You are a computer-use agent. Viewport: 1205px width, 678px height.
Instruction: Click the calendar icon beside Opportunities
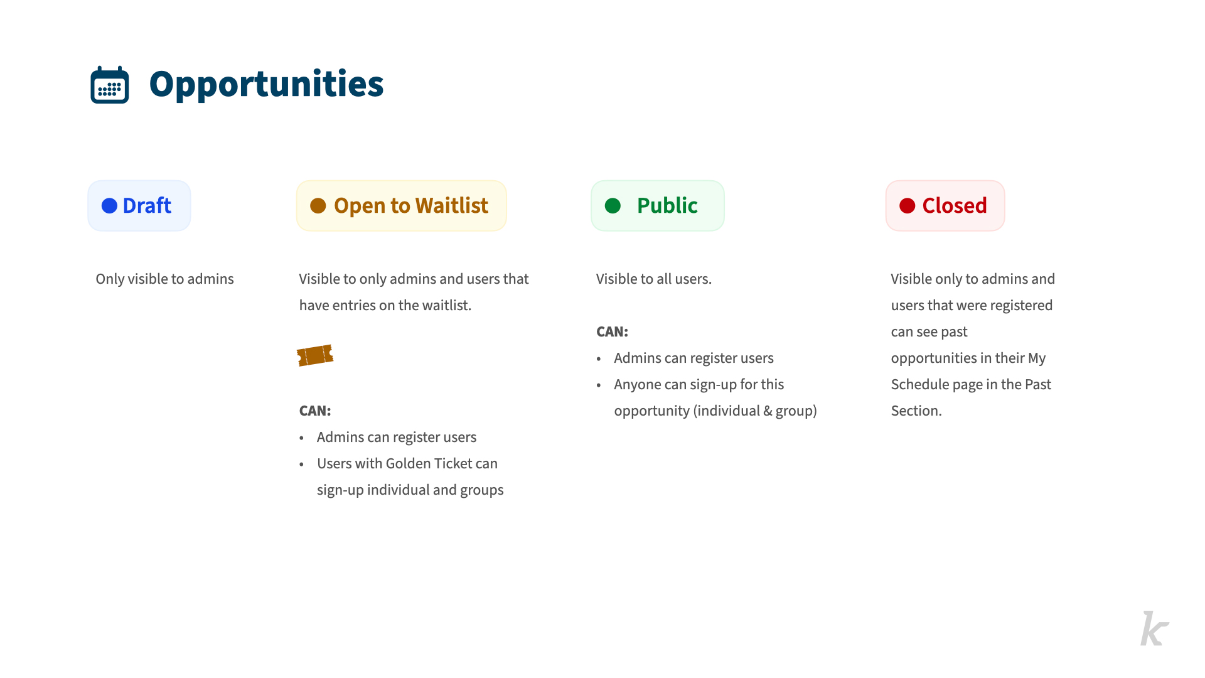[110, 85]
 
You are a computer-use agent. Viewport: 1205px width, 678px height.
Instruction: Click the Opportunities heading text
[266, 85]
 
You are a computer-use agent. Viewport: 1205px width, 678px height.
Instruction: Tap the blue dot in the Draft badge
[109, 206]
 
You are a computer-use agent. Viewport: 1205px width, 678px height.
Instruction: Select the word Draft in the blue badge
[147, 205]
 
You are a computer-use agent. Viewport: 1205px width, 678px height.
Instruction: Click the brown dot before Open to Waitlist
[318, 206]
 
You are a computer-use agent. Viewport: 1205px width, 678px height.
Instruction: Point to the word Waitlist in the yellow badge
[452, 205]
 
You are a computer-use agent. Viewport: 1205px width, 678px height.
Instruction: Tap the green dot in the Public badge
[613, 206]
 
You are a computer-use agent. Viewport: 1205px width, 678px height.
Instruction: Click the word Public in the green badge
[667, 205]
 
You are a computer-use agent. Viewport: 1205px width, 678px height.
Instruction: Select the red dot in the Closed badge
[908, 206]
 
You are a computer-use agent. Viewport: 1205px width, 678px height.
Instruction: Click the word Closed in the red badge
[955, 205]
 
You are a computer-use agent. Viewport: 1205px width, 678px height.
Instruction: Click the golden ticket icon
[315, 355]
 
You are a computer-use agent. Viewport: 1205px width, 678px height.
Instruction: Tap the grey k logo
[1154, 628]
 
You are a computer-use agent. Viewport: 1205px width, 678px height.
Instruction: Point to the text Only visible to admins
[164, 279]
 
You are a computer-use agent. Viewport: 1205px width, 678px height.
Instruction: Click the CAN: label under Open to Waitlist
[315, 411]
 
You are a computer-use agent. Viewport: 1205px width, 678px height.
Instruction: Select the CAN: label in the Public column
[612, 331]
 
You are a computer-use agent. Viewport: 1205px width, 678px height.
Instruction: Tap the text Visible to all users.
[653, 279]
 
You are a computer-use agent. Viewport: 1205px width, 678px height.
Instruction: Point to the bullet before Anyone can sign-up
[599, 385]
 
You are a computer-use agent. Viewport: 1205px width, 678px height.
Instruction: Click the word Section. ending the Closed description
[916, 411]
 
